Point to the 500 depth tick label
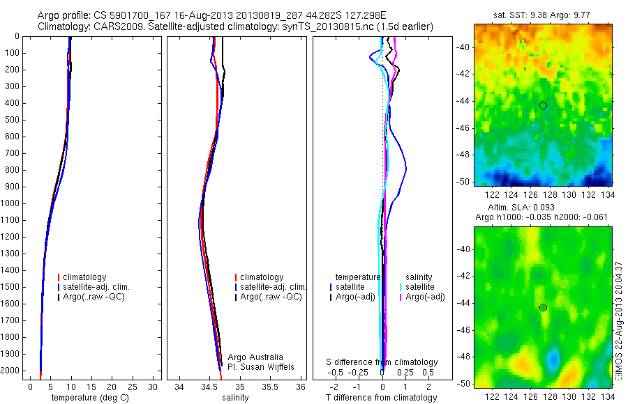coord(12,120)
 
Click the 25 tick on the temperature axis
coord(133,386)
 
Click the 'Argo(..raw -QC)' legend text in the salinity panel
coord(271,297)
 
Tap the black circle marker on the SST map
coord(543,105)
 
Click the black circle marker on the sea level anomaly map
coord(543,307)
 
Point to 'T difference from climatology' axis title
coord(381,398)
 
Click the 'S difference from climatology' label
coord(382,362)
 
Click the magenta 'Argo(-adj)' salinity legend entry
coord(425,297)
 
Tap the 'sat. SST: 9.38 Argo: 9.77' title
coord(543,15)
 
